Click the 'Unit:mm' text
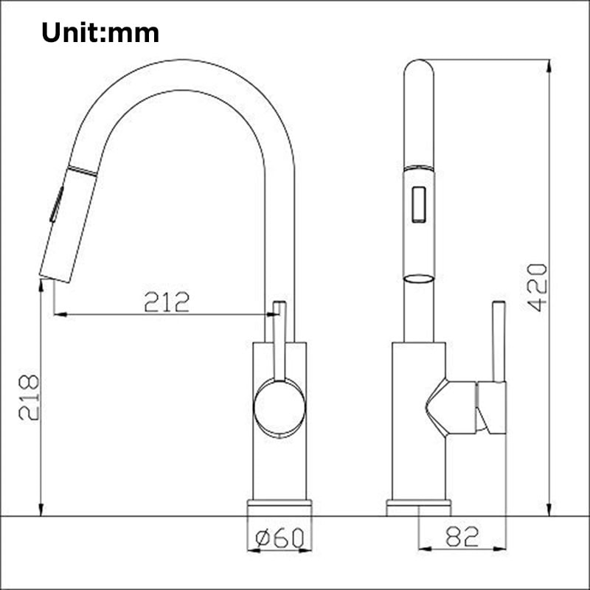click(x=100, y=32)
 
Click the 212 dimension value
click(x=167, y=302)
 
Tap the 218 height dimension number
click(x=29, y=398)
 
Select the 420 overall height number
click(x=538, y=287)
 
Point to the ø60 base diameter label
click(x=280, y=538)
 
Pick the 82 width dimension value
click(x=462, y=537)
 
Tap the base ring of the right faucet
click(x=419, y=507)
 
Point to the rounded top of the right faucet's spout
click(x=420, y=70)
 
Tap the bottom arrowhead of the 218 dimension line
click(x=41, y=510)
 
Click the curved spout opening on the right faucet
click(x=419, y=278)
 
